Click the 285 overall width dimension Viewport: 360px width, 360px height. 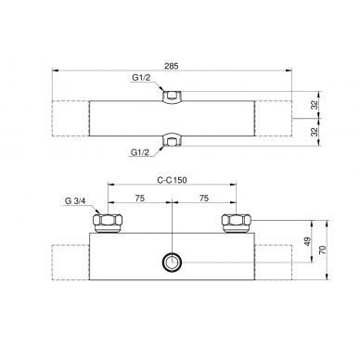pos(172,66)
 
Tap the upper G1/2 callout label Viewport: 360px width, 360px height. pos(141,78)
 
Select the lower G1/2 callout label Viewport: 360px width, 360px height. pos(140,152)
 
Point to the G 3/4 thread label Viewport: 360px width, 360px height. pos(75,200)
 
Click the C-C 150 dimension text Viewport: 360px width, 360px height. pos(172,180)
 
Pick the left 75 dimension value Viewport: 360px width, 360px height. pos(140,198)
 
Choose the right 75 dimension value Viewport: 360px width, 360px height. pos(204,198)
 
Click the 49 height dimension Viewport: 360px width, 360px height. pos(307,241)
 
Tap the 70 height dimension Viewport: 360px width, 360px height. pos(323,250)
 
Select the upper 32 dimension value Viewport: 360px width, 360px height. pos(315,106)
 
